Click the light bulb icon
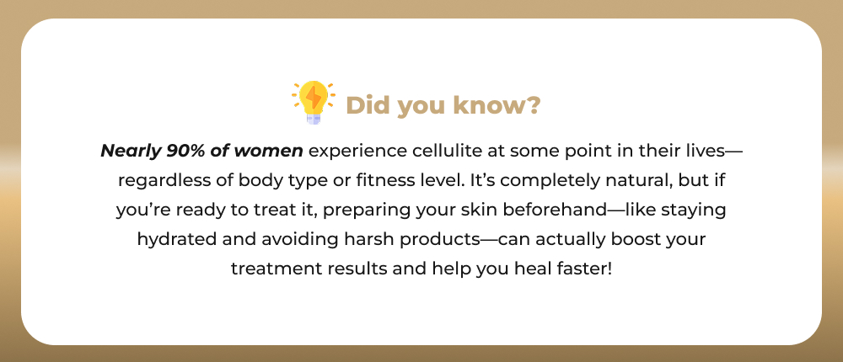[314, 102]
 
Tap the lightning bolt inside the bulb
[314, 98]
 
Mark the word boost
[635, 238]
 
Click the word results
[356, 268]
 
